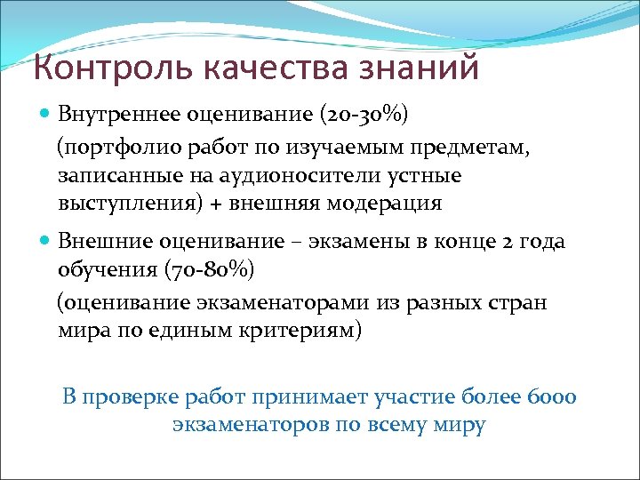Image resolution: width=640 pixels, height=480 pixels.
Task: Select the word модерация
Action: [x=384, y=203]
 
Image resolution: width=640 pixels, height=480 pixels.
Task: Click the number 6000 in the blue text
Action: [x=552, y=396]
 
